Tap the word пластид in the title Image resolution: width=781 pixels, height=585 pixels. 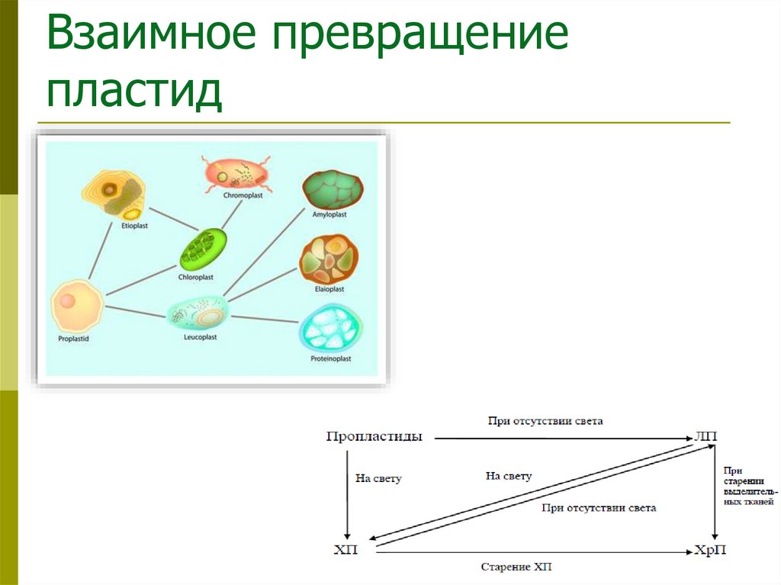(x=134, y=90)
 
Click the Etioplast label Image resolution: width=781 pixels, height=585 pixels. (x=134, y=227)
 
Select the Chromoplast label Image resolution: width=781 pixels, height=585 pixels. (x=243, y=196)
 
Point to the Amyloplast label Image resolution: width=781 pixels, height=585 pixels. (x=329, y=215)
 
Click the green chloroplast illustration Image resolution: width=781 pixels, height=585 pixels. (x=204, y=248)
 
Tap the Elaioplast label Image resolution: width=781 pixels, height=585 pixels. (x=329, y=289)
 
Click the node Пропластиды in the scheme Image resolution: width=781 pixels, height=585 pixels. (x=374, y=437)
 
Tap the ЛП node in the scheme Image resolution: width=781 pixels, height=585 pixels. (x=705, y=437)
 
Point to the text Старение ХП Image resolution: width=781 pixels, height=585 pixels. (x=516, y=567)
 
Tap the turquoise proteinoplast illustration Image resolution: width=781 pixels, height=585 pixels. (x=332, y=329)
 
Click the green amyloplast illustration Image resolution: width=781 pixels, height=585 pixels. (x=332, y=190)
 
